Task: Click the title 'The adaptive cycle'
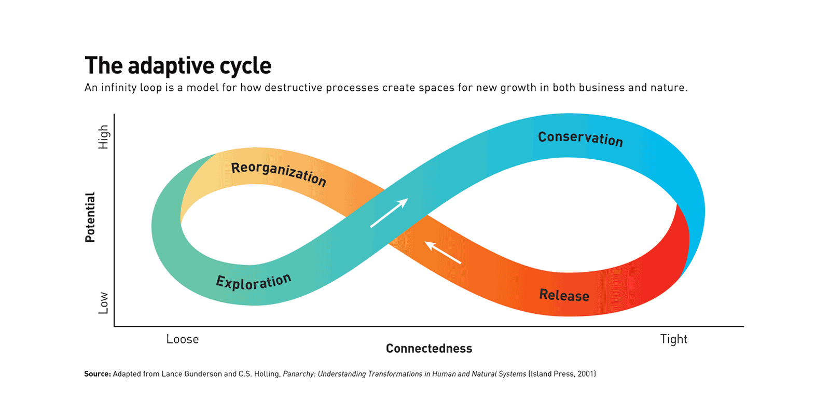tap(178, 66)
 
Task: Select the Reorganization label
tap(279, 174)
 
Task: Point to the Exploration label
tap(254, 282)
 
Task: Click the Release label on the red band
tap(564, 295)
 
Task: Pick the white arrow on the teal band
tap(389, 213)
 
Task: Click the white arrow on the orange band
tap(443, 252)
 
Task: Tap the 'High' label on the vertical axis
tap(103, 137)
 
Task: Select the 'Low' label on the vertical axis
tap(103, 303)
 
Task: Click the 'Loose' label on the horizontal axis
tap(182, 339)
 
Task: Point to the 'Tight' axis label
tap(674, 339)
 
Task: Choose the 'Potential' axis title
tap(90, 217)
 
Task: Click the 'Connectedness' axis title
tap(429, 348)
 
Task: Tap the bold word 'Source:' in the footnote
tap(98, 374)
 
